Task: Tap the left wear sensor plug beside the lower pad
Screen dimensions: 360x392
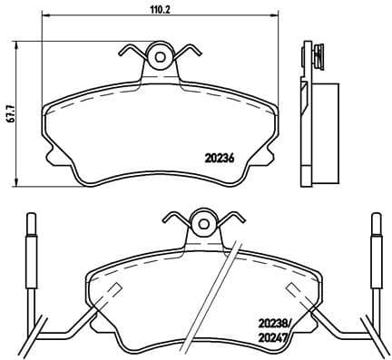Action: [32, 245]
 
